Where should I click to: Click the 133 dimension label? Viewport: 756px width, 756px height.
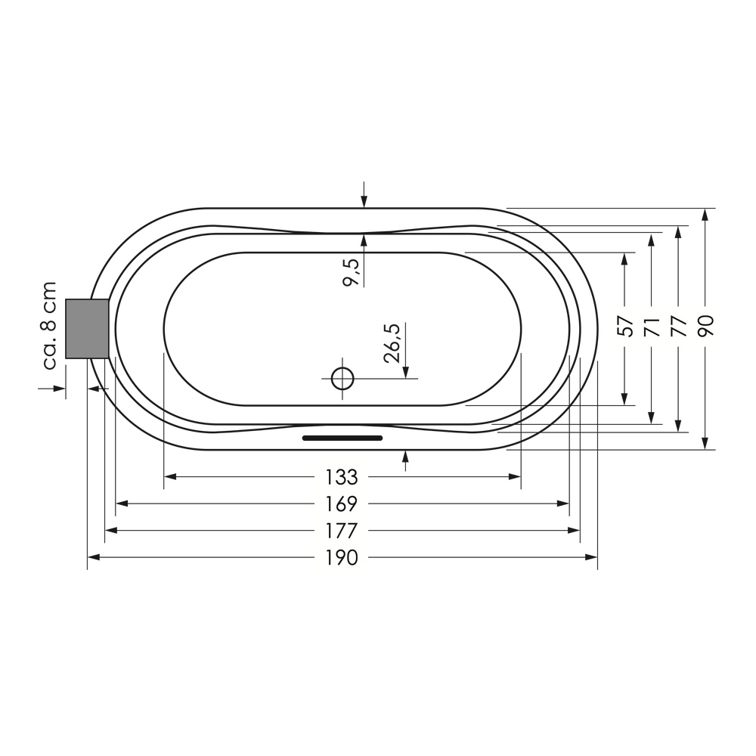pyautogui.click(x=342, y=477)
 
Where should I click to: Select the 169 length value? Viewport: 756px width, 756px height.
pyautogui.click(x=342, y=504)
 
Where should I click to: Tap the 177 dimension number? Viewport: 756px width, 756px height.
pyautogui.click(x=342, y=531)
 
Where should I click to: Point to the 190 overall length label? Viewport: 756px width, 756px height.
pyautogui.click(x=342, y=558)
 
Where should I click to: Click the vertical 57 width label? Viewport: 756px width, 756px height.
pyautogui.click(x=625, y=327)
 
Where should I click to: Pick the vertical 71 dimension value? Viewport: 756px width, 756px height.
pyautogui.click(x=652, y=327)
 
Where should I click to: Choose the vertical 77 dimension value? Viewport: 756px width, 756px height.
pyautogui.click(x=678, y=327)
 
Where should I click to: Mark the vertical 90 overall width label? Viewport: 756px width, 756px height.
pyautogui.click(x=705, y=326)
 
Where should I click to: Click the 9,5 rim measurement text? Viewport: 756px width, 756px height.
pyautogui.click(x=352, y=272)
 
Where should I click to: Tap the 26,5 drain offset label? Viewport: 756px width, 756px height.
pyautogui.click(x=392, y=342)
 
